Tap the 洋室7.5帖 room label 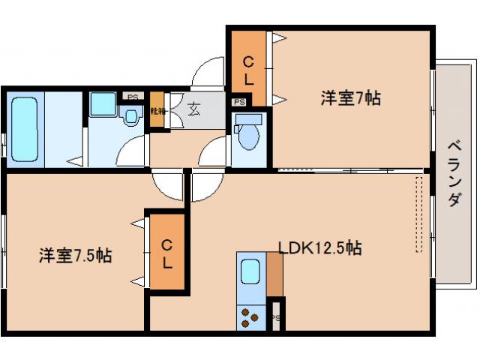[76, 256]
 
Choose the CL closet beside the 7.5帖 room [166, 253]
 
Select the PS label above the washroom [133, 97]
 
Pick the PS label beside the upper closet [239, 102]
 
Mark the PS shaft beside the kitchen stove [276, 314]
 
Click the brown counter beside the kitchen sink [274, 275]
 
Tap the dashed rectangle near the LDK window [419, 214]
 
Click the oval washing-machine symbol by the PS [132, 116]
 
